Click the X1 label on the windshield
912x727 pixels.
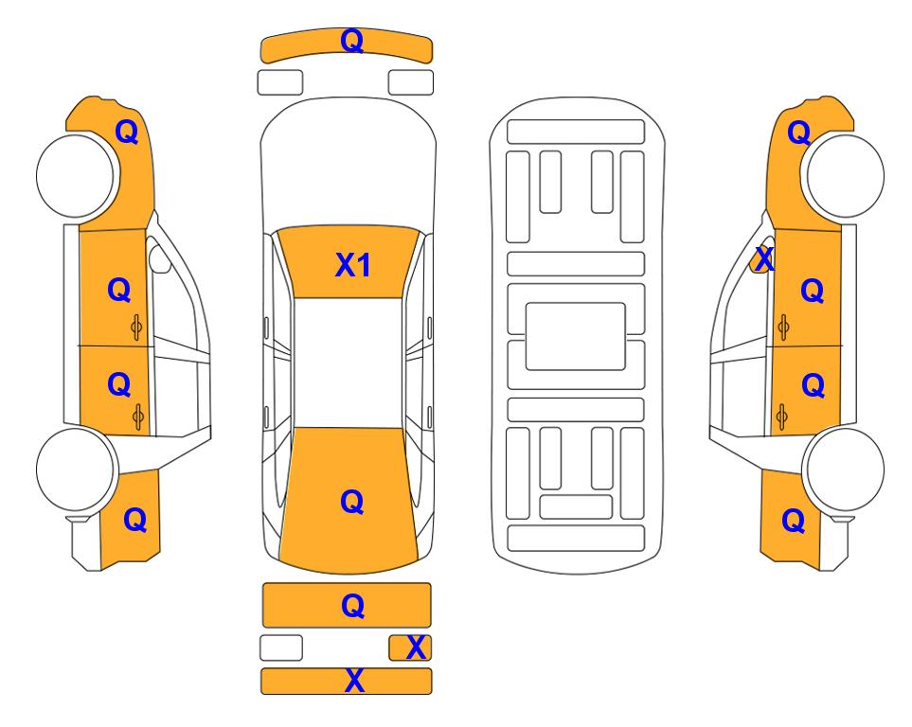pyautogui.click(x=353, y=265)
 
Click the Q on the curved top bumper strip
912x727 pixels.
pyautogui.click(x=352, y=41)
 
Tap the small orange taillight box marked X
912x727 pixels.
pyautogui.click(x=410, y=647)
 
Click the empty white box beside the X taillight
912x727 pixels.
pyautogui.click(x=281, y=647)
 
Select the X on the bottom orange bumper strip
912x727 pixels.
pyautogui.click(x=354, y=681)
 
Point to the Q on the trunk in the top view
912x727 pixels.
pyautogui.click(x=352, y=502)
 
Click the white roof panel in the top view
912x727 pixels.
pyautogui.click(x=348, y=363)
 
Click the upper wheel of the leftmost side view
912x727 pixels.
pyautogui.click(x=76, y=175)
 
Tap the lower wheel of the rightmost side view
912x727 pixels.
pyautogui.click(x=843, y=469)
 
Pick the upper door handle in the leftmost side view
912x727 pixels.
pyautogui.click(x=136, y=328)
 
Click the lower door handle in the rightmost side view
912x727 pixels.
pyautogui.click(x=782, y=417)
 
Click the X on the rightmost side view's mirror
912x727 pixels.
pyautogui.click(x=763, y=258)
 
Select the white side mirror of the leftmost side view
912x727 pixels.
pyautogui.click(x=158, y=258)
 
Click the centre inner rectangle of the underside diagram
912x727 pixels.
pyautogui.click(x=575, y=336)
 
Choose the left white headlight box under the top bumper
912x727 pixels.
pyautogui.click(x=280, y=82)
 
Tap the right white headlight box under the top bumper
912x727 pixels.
pyautogui.click(x=411, y=82)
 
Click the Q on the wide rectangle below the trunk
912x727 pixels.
pyautogui.click(x=352, y=606)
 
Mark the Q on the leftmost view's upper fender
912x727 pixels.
pyautogui.click(x=127, y=132)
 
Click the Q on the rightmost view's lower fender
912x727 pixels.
pyautogui.click(x=793, y=521)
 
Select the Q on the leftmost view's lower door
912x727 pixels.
pyautogui.click(x=119, y=384)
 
